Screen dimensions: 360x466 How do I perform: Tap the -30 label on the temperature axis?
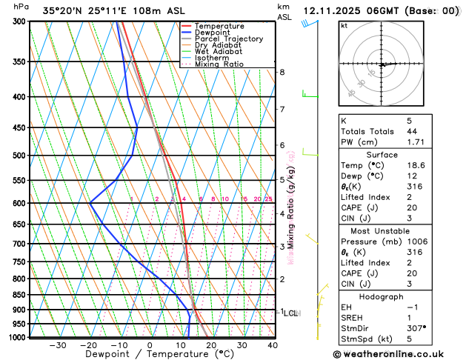57,345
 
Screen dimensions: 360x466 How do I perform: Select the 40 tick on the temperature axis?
273,345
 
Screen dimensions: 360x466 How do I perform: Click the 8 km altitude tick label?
282,72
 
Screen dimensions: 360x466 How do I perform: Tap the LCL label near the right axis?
291,313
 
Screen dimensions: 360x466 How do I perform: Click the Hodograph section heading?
382,296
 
